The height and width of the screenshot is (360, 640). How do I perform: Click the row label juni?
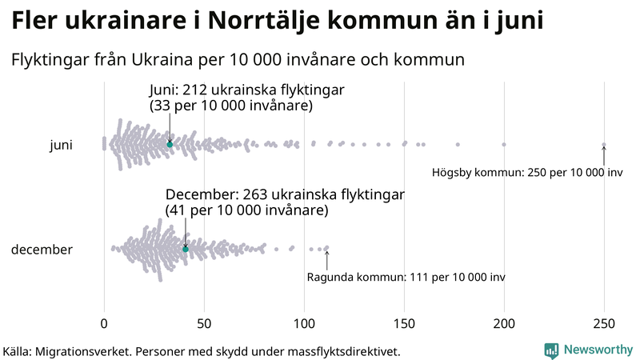coord(62,145)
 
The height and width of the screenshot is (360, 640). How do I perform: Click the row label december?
coord(42,250)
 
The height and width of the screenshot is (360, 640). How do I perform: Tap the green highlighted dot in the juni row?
coord(170,144)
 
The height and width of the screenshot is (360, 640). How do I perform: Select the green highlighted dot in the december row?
coord(186,249)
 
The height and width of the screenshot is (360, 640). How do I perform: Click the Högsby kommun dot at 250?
coord(604,145)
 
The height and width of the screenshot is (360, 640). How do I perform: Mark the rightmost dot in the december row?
coord(326,248)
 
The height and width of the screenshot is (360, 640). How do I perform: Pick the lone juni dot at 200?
coord(504,144)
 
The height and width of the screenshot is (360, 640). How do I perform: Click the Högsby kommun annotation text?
coord(527,173)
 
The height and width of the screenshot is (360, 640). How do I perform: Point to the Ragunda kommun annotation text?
coord(406,278)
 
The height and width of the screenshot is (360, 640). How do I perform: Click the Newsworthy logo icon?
coord(551,350)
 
